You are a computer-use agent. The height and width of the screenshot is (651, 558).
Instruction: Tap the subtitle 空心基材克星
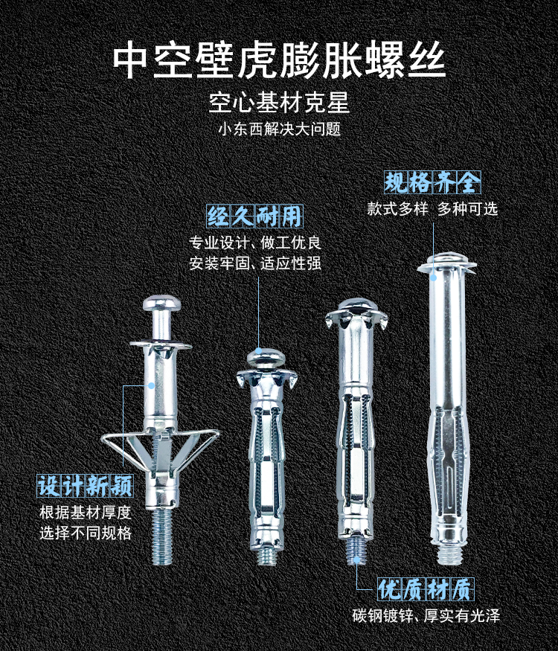tap(279, 102)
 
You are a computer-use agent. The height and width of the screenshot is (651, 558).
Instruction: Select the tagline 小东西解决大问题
tap(280, 129)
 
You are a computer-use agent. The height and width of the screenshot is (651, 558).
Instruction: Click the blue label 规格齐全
tap(432, 182)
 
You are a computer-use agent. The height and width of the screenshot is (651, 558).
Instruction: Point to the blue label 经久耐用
tap(255, 216)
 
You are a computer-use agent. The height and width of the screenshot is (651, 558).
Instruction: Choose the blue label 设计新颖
tap(85, 486)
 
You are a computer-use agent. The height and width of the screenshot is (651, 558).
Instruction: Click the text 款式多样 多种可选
tap(432, 208)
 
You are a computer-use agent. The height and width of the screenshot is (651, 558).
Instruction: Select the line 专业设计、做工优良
tap(255, 243)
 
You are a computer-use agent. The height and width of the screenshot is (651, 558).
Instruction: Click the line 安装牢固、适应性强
tap(255, 263)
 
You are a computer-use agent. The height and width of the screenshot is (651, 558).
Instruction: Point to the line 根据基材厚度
tap(86, 513)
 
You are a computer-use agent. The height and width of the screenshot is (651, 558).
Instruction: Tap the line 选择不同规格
tap(86, 533)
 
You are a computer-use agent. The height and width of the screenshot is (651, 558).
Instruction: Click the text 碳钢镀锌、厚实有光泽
tap(426, 615)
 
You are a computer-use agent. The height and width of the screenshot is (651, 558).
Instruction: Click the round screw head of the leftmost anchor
tap(162, 303)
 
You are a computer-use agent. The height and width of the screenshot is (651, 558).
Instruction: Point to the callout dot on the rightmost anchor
tap(433, 278)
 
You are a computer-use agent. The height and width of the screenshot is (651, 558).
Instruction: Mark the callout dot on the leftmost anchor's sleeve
tap(152, 385)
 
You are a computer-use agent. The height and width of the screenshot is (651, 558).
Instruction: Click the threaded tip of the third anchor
tap(356, 551)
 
